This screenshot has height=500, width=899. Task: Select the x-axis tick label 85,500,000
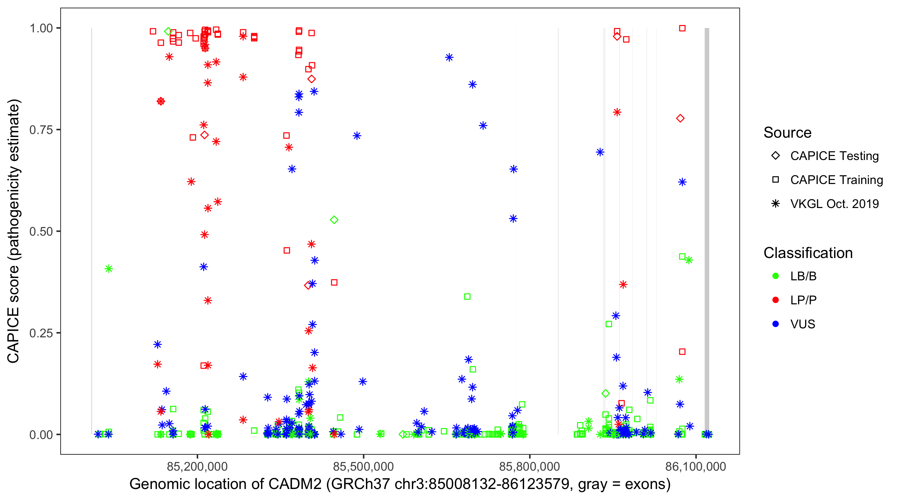pyautogui.click(x=363, y=466)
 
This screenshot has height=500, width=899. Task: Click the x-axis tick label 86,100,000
pyautogui.click(x=696, y=466)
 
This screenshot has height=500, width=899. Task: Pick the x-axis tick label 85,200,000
pyautogui.click(x=197, y=466)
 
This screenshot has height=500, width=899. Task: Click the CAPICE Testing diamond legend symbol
pyautogui.click(x=775, y=155)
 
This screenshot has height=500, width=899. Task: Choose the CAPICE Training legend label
pyautogui.click(x=836, y=180)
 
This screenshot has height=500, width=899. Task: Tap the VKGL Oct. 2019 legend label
pyautogui.click(x=834, y=204)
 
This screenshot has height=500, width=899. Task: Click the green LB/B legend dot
pyautogui.click(x=775, y=276)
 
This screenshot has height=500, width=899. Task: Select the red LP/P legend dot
pyautogui.click(x=775, y=300)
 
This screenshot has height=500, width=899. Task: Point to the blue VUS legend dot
pyautogui.click(x=775, y=324)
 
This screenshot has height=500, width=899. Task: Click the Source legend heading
pyautogui.click(x=787, y=132)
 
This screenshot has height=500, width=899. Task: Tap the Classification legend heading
pyautogui.click(x=808, y=253)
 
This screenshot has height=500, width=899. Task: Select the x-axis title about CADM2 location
pyautogui.click(x=400, y=484)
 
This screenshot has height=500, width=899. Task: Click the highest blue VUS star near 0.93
pyautogui.click(x=449, y=57)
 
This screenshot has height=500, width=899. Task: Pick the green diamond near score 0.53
pyautogui.click(x=334, y=220)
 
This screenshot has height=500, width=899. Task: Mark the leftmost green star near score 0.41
pyautogui.click(x=109, y=269)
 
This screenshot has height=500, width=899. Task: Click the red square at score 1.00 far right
pyautogui.click(x=682, y=28)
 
